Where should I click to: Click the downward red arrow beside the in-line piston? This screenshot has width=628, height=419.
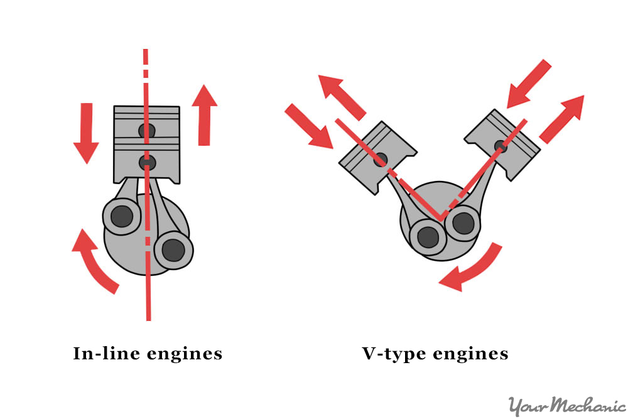(86, 133)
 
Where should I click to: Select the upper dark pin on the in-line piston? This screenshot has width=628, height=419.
(147, 131)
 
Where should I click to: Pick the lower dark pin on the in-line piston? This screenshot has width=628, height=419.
(147, 162)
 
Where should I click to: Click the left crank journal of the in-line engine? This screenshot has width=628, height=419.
(121, 217)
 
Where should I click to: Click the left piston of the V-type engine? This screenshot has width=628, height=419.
(377, 158)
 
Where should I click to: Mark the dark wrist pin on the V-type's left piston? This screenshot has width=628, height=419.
(380, 160)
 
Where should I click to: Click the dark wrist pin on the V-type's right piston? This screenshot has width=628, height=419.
(501, 146)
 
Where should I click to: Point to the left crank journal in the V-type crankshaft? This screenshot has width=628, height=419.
(428, 237)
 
